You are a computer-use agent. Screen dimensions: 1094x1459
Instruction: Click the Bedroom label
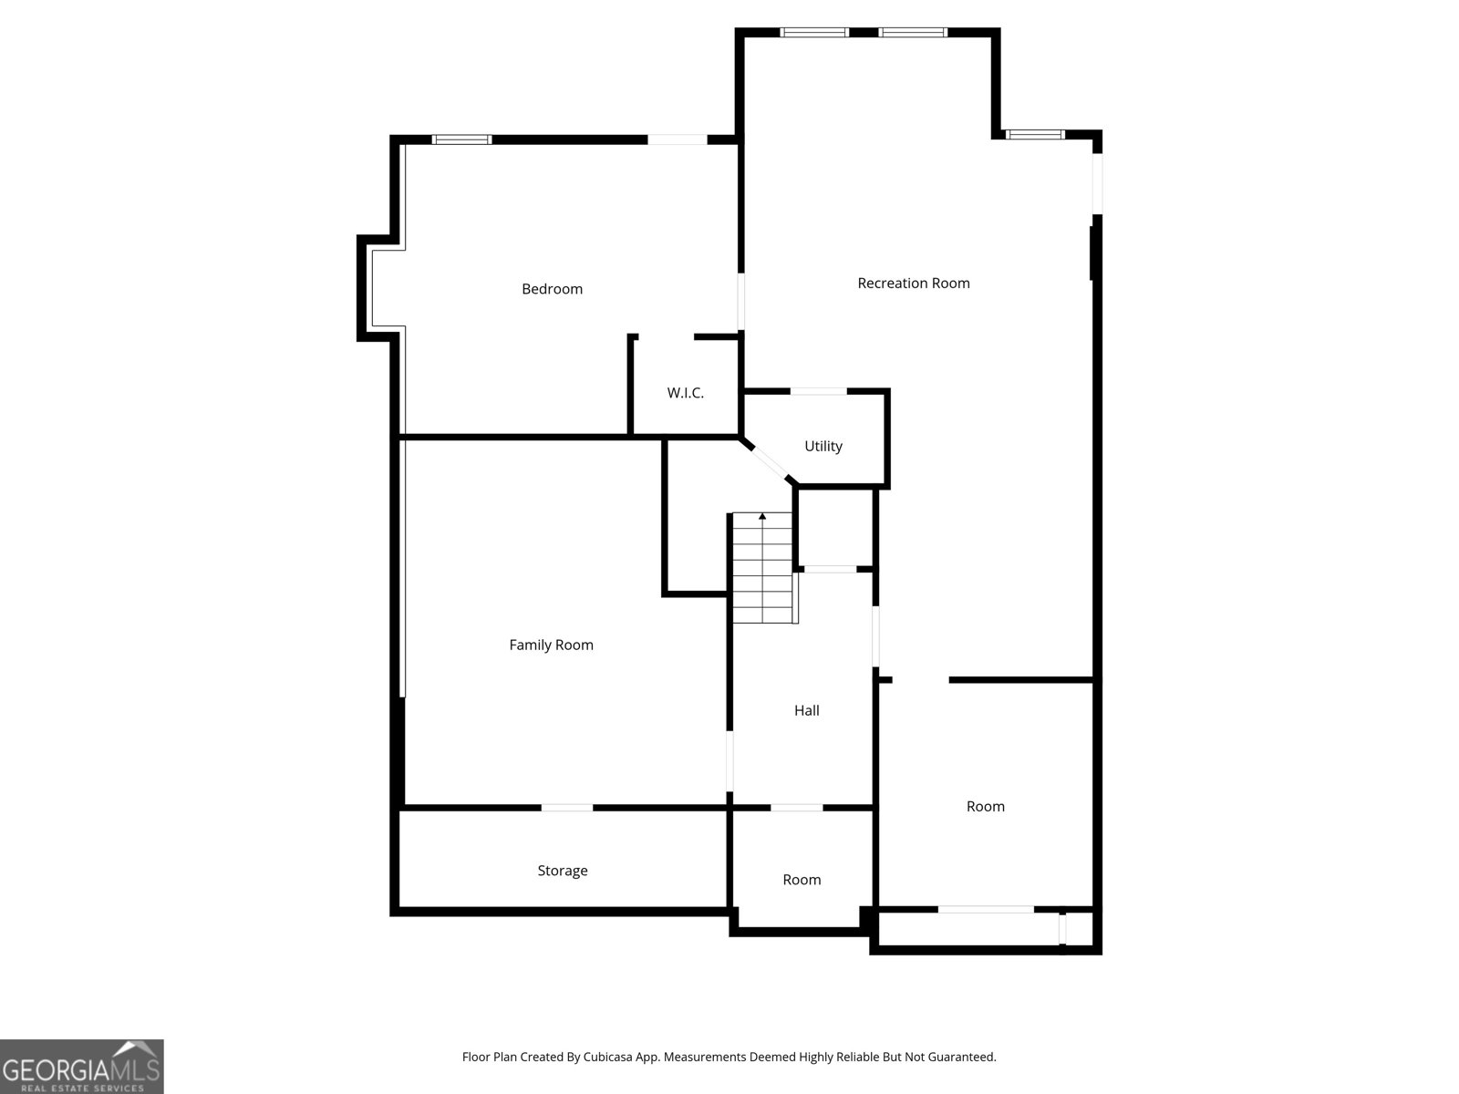coord(552,289)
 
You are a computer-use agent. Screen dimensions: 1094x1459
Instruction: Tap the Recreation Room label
coord(913,284)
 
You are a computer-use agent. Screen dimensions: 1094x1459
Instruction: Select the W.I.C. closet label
coord(685,393)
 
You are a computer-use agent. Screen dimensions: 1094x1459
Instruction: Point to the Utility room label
coord(823,446)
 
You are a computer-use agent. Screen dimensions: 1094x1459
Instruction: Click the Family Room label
coord(551,645)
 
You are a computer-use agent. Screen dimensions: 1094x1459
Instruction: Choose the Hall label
coord(806,710)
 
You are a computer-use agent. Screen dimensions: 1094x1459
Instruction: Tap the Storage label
coord(562,871)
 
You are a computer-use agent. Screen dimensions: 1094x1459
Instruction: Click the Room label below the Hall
coord(802,880)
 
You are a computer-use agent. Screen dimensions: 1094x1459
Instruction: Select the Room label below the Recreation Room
coord(985,806)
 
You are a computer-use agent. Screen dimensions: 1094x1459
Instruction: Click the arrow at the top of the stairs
coord(762,517)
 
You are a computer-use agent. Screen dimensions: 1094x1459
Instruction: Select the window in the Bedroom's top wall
coord(461,139)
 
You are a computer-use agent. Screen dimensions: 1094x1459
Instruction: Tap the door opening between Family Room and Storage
coord(566,808)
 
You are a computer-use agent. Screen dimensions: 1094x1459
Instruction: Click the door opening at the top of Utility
coord(818,391)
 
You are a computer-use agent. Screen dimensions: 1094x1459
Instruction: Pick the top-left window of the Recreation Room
coord(814,33)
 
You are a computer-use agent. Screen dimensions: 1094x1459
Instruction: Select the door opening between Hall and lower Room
coord(796,808)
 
